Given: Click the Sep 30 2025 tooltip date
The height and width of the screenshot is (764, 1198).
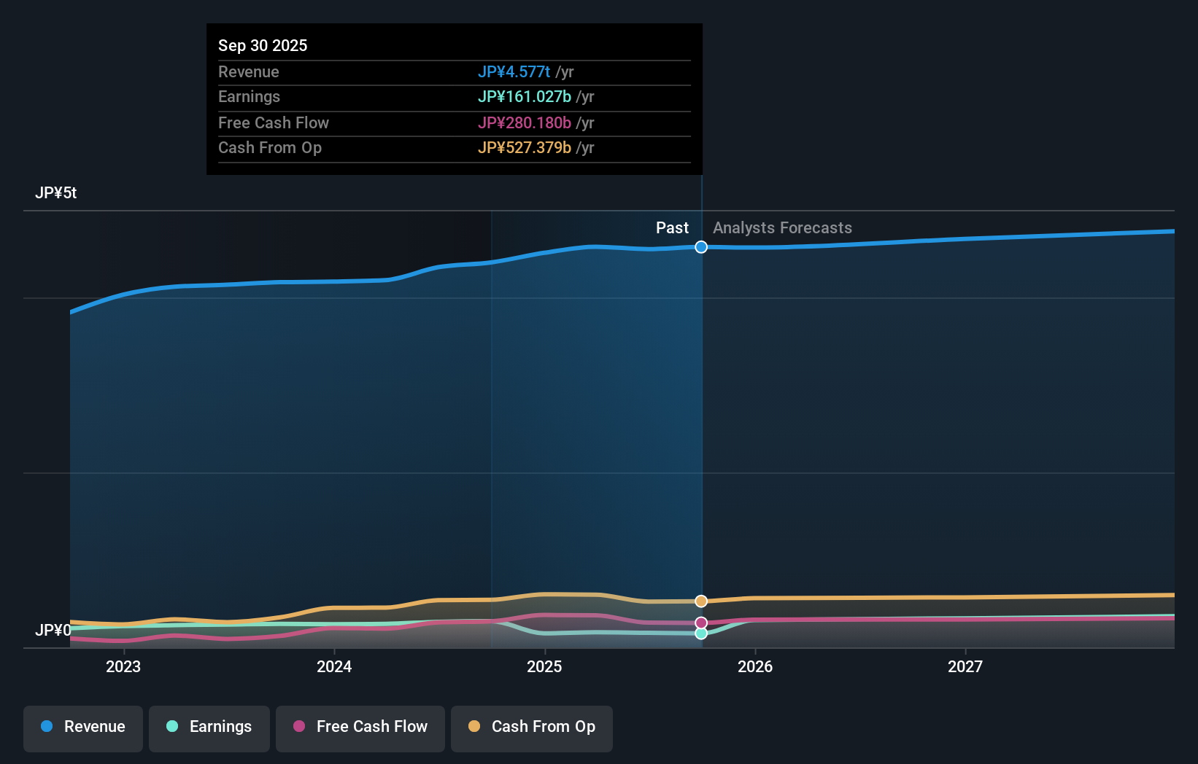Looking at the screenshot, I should (263, 45).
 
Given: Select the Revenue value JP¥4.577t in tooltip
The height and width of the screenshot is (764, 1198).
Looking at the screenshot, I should (514, 71).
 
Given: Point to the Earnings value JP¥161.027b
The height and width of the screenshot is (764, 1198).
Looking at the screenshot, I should (524, 97).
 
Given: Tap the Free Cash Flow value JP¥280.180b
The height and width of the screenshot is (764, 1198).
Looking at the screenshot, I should (524, 122).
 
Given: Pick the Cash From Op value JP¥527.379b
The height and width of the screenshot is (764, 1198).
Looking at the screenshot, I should (524, 148).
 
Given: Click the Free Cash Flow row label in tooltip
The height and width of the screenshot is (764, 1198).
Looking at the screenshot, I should (274, 122).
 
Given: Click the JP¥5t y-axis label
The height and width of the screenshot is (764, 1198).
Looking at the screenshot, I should (55, 193).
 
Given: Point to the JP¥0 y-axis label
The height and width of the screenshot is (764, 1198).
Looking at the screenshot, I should (53, 630).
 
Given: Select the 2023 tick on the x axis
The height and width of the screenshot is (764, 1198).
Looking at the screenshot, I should (123, 666).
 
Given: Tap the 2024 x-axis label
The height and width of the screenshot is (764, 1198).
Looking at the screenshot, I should (334, 666).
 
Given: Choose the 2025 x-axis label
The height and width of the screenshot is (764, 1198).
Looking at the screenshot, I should (544, 666).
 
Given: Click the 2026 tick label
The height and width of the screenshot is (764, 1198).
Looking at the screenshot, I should (755, 666).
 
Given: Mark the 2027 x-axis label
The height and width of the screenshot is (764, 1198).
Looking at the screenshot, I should (965, 666).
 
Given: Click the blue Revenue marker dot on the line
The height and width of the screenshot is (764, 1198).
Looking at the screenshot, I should (701, 247).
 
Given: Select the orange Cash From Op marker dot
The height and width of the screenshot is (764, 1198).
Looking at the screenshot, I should (701, 601).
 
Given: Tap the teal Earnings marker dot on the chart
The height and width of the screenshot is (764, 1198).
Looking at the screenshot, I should (701, 634).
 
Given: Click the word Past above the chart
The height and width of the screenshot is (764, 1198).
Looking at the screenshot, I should (672, 228).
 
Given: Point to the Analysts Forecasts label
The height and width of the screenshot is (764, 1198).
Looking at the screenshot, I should (782, 228).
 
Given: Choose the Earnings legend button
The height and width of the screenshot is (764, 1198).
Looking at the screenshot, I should (209, 727).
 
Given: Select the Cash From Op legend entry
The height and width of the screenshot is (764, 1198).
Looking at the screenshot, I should (532, 727).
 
